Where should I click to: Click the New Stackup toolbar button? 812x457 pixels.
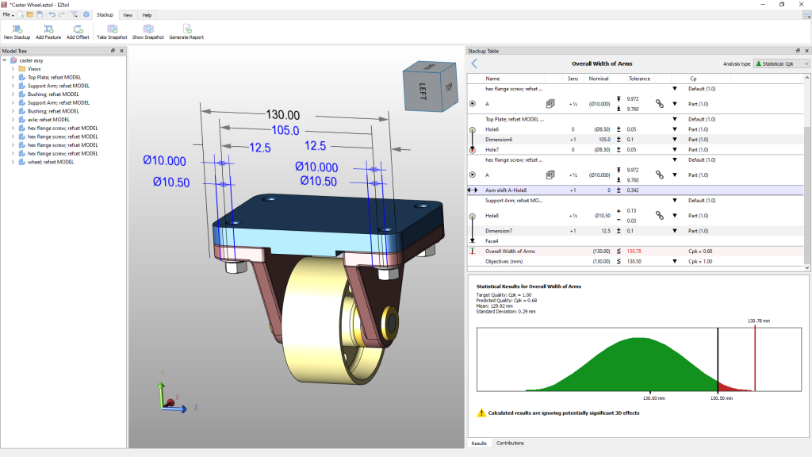(17, 32)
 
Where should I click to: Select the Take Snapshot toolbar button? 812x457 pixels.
(111, 32)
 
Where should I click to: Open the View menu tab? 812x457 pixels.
(127, 15)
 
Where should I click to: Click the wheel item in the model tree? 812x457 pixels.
(51, 162)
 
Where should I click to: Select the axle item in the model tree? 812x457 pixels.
(48, 119)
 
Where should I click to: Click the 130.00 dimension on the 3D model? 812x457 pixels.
(282, 115)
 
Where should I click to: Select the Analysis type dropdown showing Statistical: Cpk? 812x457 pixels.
(780, 63)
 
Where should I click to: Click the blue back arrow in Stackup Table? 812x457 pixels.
(474, 63)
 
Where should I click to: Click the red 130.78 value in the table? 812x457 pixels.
(634, 251)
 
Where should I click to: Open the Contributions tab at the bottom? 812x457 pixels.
(510, 443)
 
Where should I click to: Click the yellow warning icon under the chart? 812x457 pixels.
(481, 413)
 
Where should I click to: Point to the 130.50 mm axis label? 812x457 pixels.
(718, 398)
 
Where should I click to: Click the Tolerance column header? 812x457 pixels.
(639, 79)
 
